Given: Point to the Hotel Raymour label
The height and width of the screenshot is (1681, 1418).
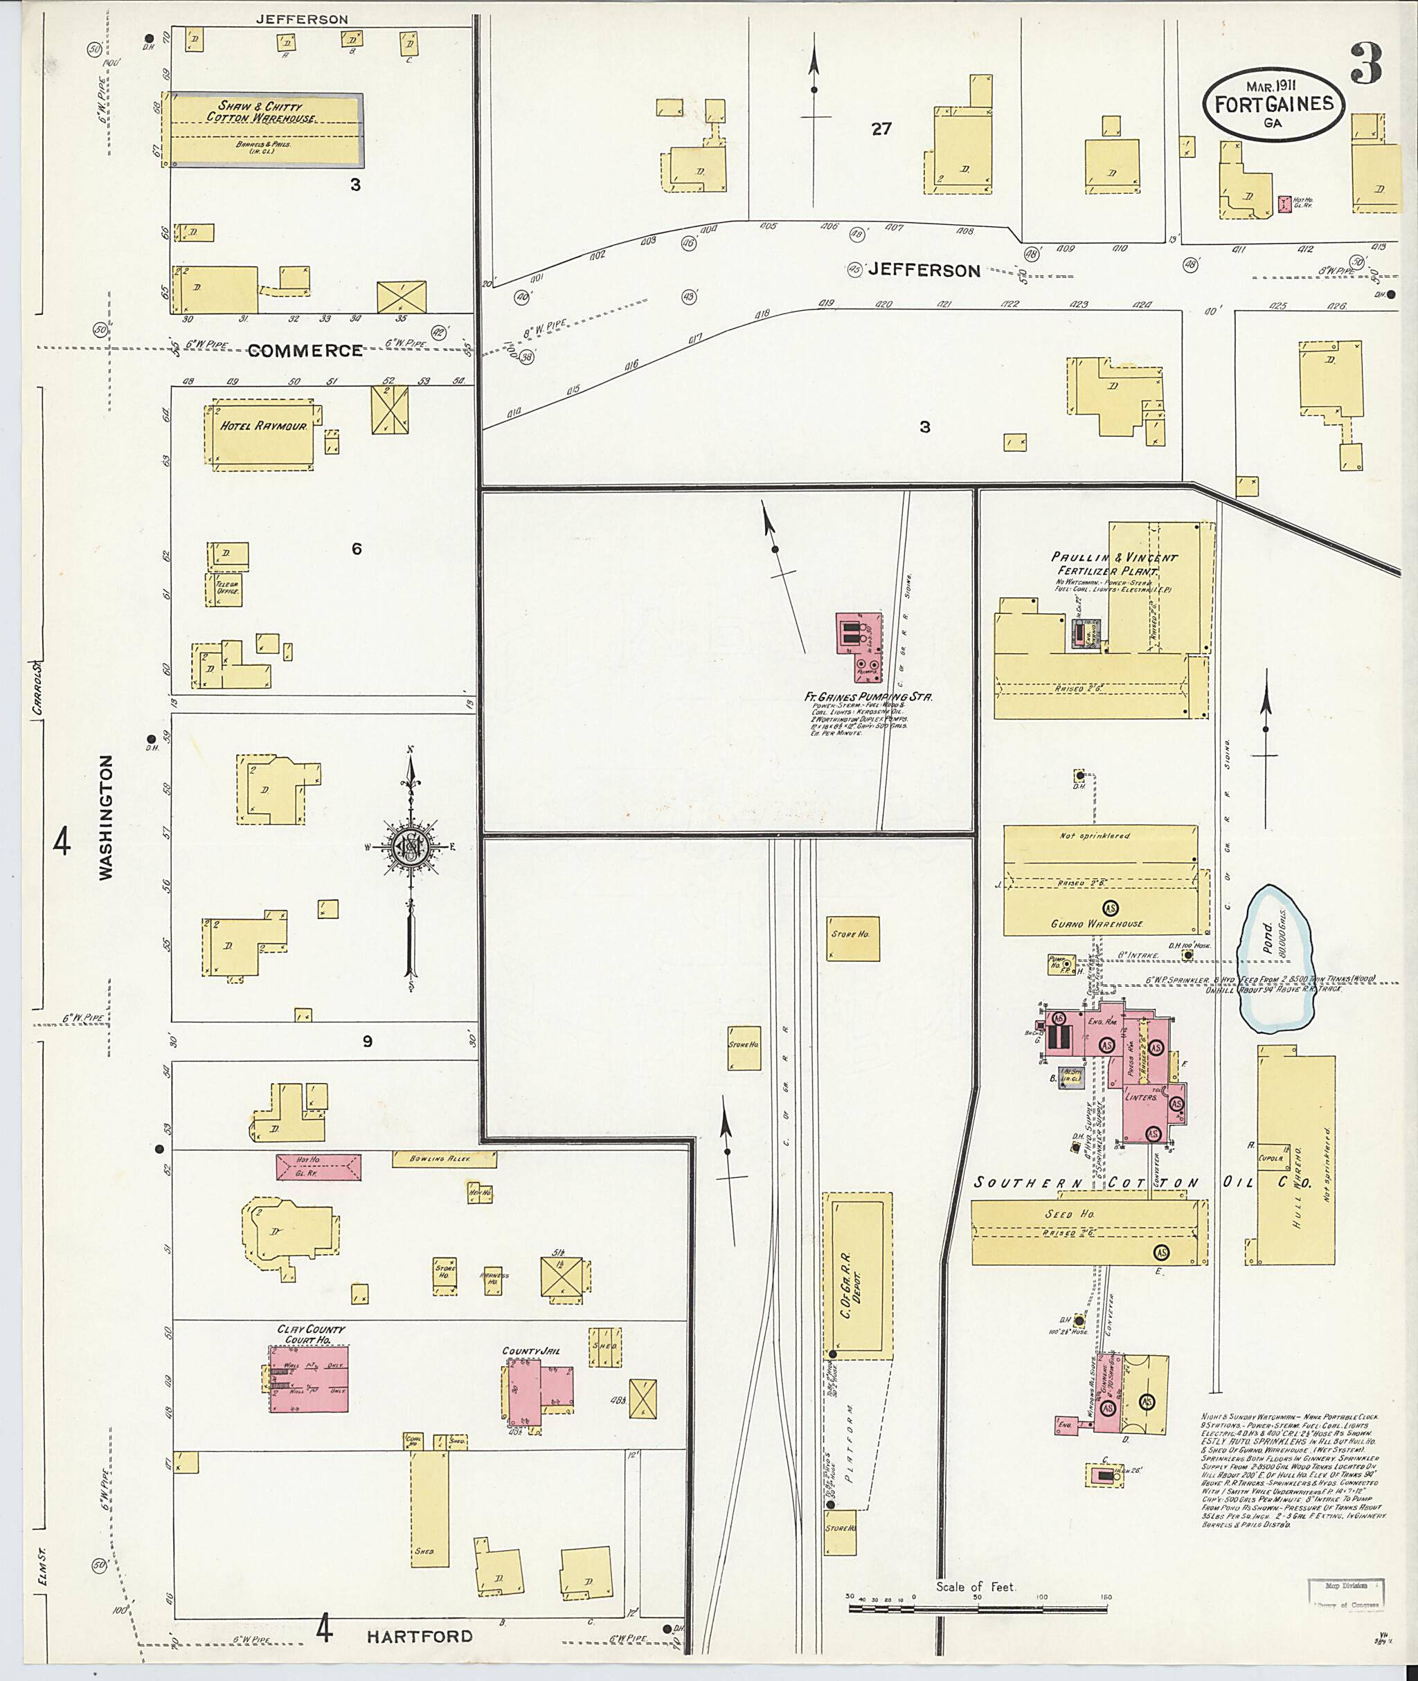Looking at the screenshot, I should pyautogui.click(x=263, y=426).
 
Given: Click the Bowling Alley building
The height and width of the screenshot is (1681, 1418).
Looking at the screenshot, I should pyautogui.click(x=443, y=1159).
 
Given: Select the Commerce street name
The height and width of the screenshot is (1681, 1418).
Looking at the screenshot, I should pyautogui.click(x=305, y=350).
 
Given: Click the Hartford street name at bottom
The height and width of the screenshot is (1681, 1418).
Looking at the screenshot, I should pyautogui.click(x=420, y=1636).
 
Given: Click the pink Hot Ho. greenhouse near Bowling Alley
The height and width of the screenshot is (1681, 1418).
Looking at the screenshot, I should pyautogui.click(x=318, y=1167).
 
